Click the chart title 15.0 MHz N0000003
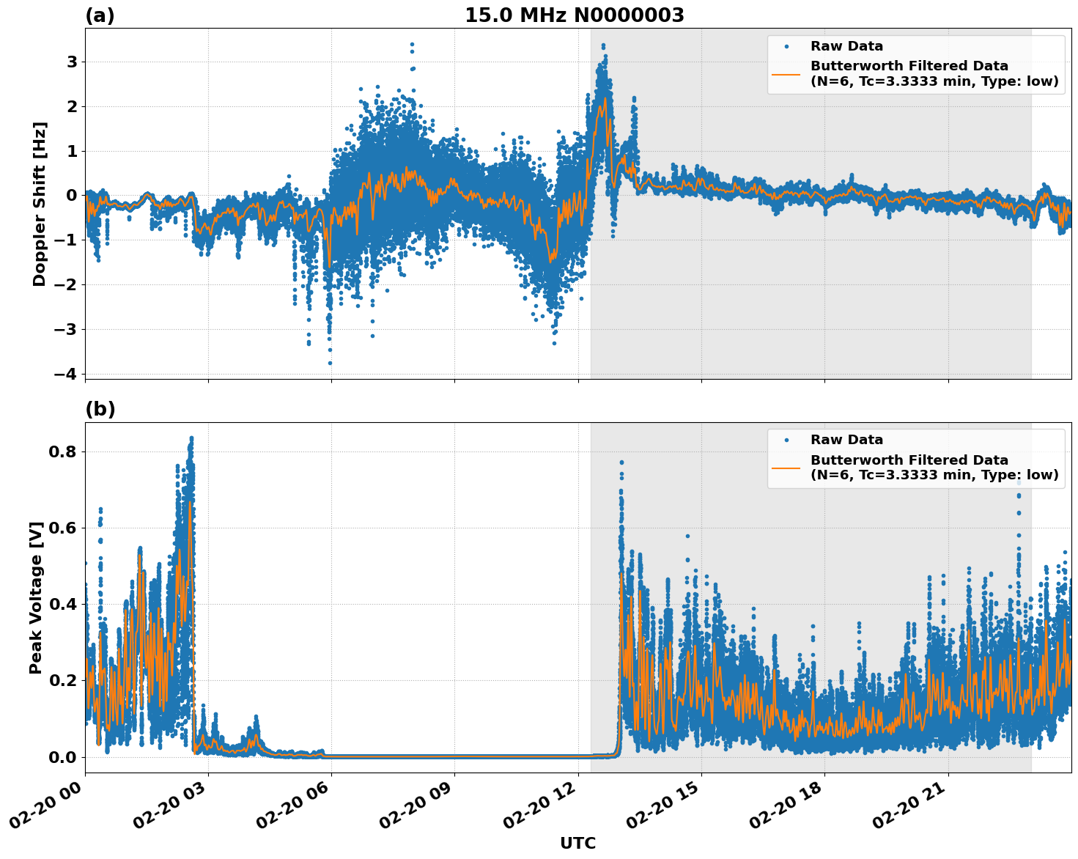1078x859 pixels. pyautogui.click(x=574, y=15)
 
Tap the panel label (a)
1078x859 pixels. pyautogui.click(x=100, y=15)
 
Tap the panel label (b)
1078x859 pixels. pyautogui.click(x=100, y=409)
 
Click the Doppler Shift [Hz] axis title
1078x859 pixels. pyautogui.click(x=40, y=204)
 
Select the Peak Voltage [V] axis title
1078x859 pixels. pyautogui.click(x=36, y=597)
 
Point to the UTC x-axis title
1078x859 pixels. pyautogui.click(x=577, y=843)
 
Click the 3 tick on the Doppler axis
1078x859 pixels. pyautogui.click(x=72, y=62)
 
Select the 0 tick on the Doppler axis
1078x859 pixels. pyautogui.click(x=72, y=196)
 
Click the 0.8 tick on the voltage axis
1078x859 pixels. pyautogui.click(x=62, y=451)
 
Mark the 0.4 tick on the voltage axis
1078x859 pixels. pyautogui.click(x=62, y=604)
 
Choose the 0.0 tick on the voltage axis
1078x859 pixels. pyautogui.click(x=62, y=756)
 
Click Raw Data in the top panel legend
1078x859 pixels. pyautogui.click(x=846, y=46)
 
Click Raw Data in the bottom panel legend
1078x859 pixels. pyautogui.click(x=846, y=440)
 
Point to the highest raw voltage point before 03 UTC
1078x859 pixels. pyautogui.click(x=191, y=438)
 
